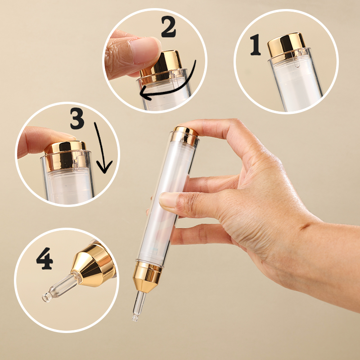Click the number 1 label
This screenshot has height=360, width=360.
point(255,45)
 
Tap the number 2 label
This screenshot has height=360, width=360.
point(168,27)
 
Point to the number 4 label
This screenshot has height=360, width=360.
point(45,258)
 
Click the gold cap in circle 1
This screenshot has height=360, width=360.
point(287,45)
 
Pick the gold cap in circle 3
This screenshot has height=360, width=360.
point(65,155)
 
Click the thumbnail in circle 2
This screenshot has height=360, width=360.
point(144,49)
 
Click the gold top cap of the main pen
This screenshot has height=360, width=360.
point(186,135)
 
